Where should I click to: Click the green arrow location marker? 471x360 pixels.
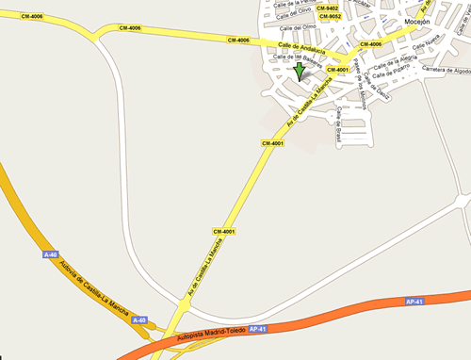(300, 71)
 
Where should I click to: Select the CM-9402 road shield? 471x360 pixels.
(329, 8)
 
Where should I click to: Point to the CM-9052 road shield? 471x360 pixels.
(330, 17)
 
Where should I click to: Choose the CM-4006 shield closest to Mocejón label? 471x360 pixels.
(370, 44)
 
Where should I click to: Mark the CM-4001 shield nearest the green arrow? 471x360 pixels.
(337, 69)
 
